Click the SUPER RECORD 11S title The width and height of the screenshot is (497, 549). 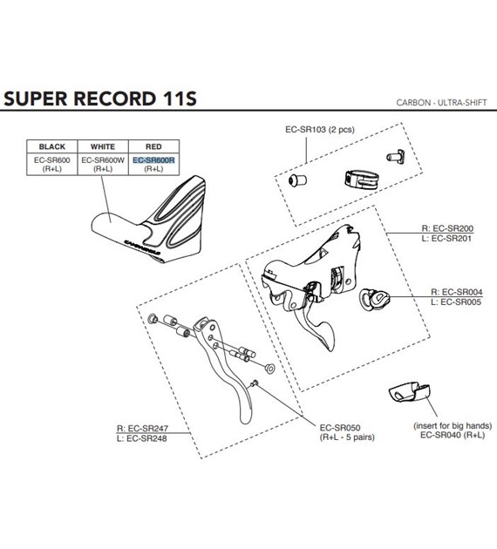tap(100, 98)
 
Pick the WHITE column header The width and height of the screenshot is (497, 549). tap(103, 146)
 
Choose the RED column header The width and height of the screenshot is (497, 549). tap(153, 146)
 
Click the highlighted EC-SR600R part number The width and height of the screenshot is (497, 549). tap(153, 160)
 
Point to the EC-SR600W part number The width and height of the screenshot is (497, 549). tap(103, 160)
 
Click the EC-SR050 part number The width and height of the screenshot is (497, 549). tap(340, 427)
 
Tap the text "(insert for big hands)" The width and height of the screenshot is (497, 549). tap(452, 425)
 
